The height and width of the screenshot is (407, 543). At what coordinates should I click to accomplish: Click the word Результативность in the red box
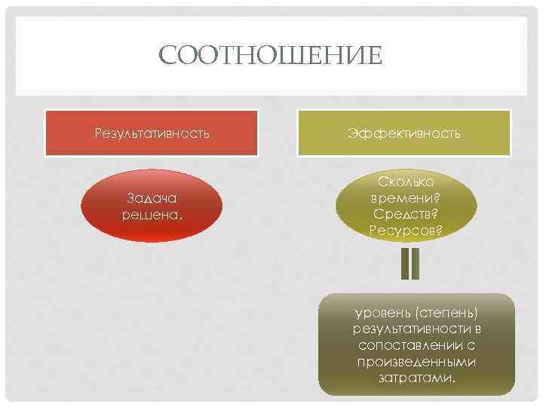point(152,133)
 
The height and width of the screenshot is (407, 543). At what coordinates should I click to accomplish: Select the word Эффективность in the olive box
point(404,133)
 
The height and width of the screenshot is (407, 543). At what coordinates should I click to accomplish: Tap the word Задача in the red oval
point(152,198)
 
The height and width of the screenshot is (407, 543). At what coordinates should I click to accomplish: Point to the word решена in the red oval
point(149,214)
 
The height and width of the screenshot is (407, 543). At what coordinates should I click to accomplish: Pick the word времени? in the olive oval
point(406,197)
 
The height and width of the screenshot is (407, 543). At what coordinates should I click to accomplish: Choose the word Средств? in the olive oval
point(406,213)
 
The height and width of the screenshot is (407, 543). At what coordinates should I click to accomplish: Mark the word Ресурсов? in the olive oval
point(406,229)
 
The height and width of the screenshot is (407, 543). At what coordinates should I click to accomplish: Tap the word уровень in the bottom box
point(380,313)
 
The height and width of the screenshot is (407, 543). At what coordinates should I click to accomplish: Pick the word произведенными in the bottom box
point(416,362)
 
